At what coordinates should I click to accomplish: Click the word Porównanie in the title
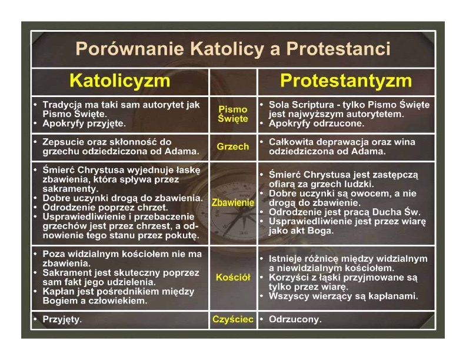coord(130,48)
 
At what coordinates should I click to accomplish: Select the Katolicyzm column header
coord(120,81)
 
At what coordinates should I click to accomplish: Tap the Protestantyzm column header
coord(346,81)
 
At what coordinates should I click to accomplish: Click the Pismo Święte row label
coord(233,114)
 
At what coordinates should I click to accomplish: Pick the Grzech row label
coord(233,146)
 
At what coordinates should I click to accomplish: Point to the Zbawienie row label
coord(233,202)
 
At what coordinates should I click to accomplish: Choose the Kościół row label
coord(233,278)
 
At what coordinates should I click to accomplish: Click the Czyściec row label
coord(233,319)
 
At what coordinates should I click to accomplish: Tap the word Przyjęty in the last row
coord(62,319)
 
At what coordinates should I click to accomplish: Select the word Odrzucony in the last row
coord(295,319)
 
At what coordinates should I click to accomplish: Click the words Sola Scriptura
coord(301,105)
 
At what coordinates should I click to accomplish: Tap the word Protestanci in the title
coord(338,48)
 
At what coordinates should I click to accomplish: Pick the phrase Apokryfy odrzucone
coord(316,124)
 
